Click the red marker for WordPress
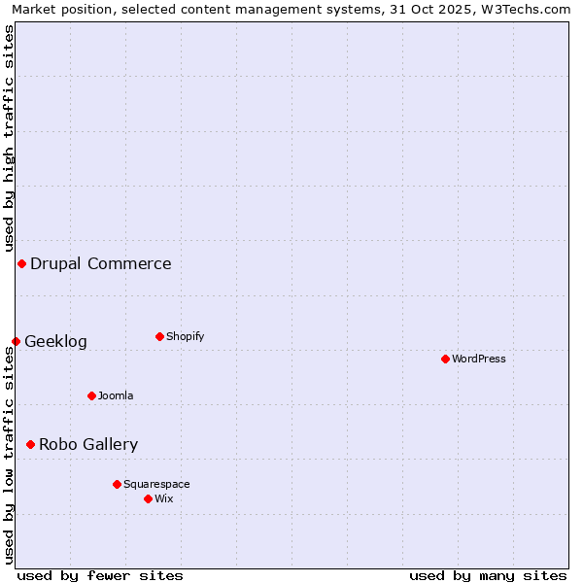445,359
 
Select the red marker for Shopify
159,336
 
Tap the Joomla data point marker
91,395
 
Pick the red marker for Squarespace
117,484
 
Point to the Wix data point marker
148,498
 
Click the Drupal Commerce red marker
21,263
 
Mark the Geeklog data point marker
16,341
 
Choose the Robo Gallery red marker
30,444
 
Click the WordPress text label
479,359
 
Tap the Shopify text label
185,336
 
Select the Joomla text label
116,395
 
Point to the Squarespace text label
156,484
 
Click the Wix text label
164,498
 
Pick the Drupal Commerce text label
101,263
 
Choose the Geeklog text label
55,341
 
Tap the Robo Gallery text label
88,444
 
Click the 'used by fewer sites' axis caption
100,575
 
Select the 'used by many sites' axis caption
488,575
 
